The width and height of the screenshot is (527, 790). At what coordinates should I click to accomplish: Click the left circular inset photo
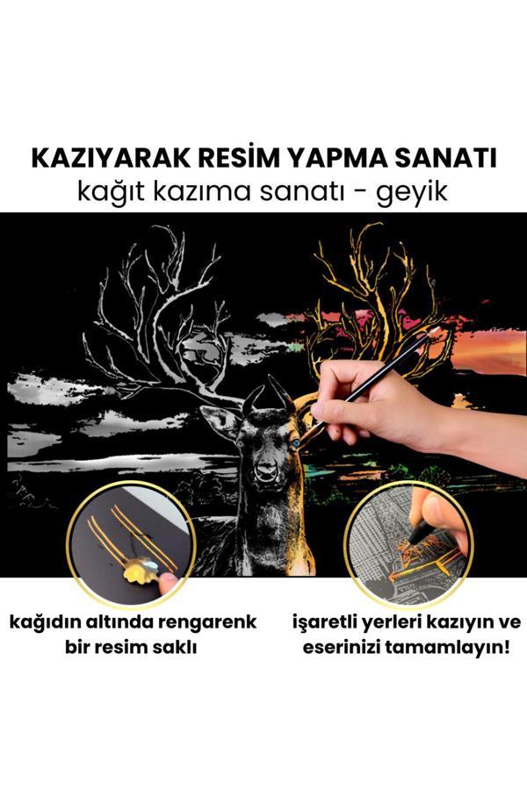click(x=132, y=544)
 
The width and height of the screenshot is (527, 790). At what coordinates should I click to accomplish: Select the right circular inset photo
click(x=408, y=544)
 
